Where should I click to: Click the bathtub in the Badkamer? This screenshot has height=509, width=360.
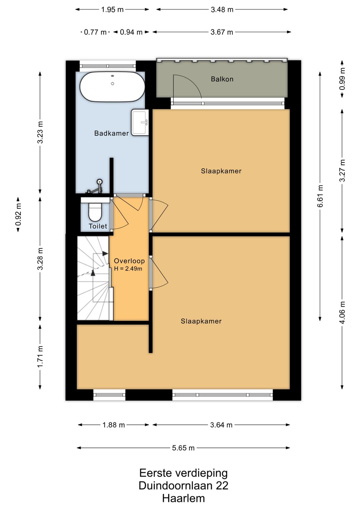pos(112,86)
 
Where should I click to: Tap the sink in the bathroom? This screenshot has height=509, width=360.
pos(140,122)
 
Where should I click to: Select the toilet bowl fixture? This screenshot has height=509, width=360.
pos(95,212)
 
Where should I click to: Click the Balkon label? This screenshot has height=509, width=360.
pos(222,79)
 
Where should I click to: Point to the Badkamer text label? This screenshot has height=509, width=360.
pos(111,133)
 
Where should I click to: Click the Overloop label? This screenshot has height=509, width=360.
pos(129,261)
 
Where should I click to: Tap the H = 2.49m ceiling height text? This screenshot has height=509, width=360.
pos(128,269)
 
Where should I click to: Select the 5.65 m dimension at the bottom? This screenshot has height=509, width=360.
pos(183,448)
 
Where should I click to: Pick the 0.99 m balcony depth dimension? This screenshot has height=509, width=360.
pos(342,79)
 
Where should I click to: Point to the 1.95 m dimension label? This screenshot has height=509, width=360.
pos(112,10)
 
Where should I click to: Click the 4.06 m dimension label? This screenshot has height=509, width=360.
pos(342,312)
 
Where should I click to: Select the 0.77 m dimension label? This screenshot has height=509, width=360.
pos(95,32)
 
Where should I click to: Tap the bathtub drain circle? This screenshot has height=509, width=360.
pos(112,84)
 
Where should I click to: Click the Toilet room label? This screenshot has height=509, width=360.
pos(98,226)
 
